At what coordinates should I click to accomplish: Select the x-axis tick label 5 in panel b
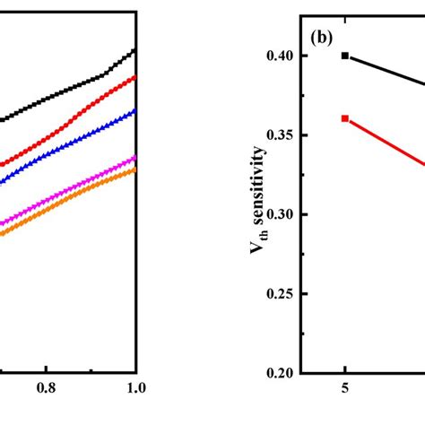coord(344,390)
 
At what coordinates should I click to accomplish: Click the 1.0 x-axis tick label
coord(134,390)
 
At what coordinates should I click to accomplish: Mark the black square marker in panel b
coord(344,56)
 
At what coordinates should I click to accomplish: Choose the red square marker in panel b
coord(344,118)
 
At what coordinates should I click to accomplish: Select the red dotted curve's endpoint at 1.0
coord(134,77)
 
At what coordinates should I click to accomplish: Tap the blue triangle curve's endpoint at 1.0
coord(134,109)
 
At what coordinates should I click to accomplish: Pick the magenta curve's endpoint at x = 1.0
coord(134,157)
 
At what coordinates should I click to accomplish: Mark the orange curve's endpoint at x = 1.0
coord(134,168)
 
